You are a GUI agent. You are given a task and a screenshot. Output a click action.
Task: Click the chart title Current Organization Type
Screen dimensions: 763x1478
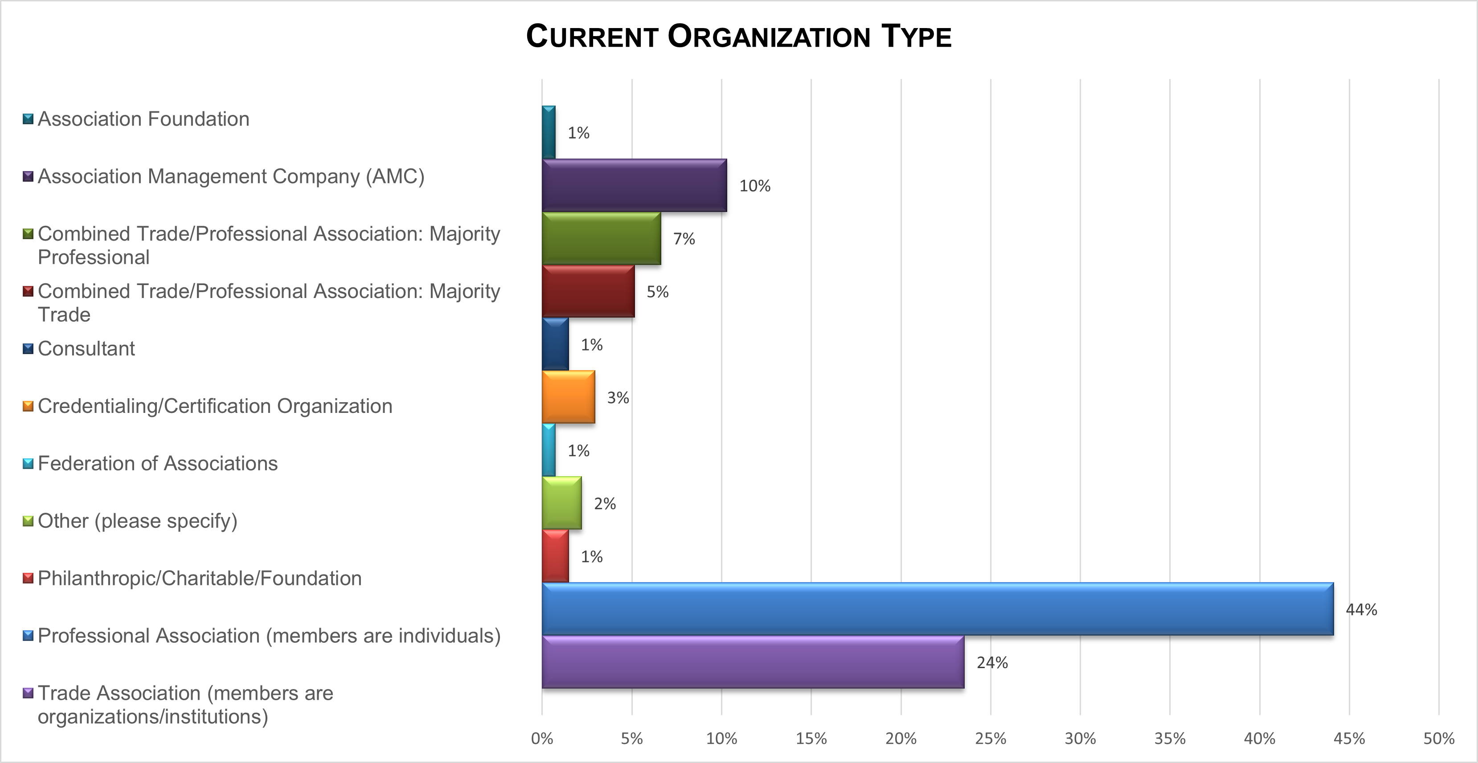[x=738, y=37]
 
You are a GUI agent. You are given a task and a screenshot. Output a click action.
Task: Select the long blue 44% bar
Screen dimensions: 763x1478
[x=937, y=609]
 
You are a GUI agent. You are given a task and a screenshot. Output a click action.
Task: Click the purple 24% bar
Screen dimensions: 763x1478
[x=753, y=662]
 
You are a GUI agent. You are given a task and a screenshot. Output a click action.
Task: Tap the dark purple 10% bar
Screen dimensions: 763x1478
[x=634, y=185]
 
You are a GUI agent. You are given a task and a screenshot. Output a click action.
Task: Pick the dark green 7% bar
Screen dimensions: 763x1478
[x=601, y=239]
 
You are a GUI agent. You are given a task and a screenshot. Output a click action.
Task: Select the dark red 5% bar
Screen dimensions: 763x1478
[x=588, y=291]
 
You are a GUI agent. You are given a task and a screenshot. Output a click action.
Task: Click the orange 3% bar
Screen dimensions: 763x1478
[x=568, y=397]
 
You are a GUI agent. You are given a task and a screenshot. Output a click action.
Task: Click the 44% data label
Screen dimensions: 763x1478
[x=1361, y=610]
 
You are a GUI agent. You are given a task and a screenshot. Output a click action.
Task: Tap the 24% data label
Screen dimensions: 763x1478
[x=992, y=663]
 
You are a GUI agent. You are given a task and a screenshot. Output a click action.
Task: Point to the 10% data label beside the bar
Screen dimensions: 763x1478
[x=754, y=186]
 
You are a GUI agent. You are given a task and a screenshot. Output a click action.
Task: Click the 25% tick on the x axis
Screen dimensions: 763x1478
[x=990, y=739]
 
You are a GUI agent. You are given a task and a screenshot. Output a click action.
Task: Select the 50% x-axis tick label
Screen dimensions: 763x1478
[x=1438, y=739]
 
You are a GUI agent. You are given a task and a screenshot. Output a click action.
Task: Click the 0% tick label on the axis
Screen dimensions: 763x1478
[x=542, y=739]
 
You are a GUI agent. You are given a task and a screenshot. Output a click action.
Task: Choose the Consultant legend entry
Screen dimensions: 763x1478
[x=86, y=349]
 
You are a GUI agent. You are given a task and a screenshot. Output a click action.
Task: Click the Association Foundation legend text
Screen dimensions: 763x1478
[x=143, y=119]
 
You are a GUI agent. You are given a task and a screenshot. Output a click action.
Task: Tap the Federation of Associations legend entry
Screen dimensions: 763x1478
[x=157, y=464]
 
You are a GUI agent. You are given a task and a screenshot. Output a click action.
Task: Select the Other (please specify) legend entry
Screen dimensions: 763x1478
[x=137, y=521]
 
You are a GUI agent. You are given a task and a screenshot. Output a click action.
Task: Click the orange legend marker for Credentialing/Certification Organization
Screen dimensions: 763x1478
[x=28, y=406]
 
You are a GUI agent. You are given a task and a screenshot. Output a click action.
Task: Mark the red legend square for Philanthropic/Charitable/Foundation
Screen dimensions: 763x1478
[x=28, y=578]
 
